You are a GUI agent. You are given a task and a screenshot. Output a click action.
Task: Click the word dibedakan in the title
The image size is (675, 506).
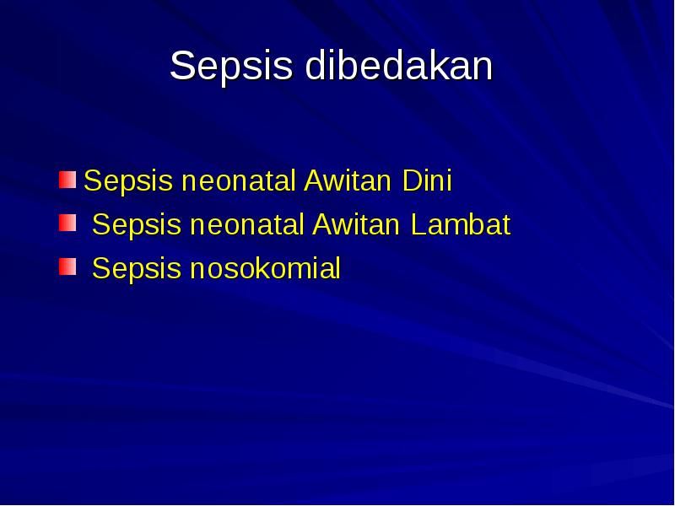pos(398,67)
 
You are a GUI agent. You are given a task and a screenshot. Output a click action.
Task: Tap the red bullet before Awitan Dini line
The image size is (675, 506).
pos(67,179)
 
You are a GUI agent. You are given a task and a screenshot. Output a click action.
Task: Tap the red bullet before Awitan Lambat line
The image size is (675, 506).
pos(67,223)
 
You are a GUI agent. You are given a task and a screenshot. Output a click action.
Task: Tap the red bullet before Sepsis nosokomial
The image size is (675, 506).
pos(67,267)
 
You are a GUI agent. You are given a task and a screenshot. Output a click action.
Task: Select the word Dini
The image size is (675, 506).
pos(426,180)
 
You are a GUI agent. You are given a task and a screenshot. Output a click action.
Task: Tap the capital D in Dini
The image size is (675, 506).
pos(410,180)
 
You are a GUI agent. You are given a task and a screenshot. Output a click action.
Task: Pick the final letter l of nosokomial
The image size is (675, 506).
pos(337,269)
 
